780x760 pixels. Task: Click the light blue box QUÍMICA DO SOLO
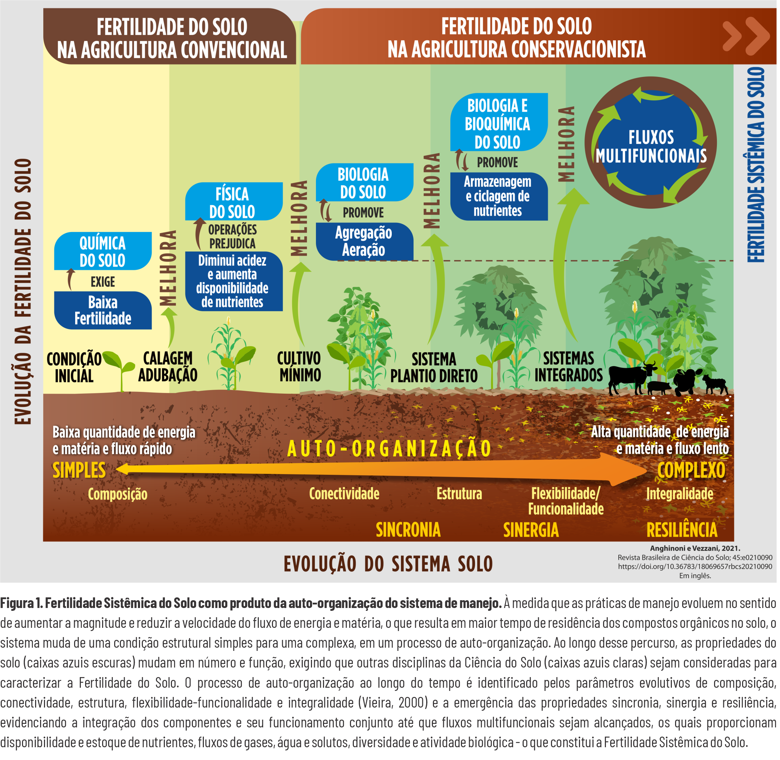103,252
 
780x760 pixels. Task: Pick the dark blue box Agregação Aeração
364,242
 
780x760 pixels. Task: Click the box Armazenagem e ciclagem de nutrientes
499,197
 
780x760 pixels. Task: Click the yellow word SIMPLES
79,471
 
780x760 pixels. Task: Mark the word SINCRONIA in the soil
409,531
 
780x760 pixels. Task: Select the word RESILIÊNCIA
684,531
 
